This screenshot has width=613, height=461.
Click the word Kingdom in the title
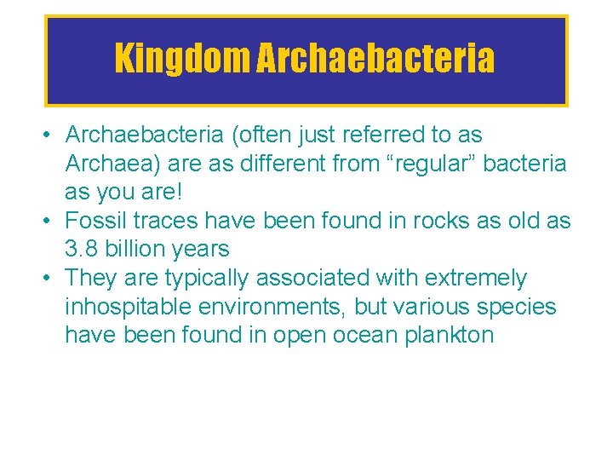click(x=180, y=59)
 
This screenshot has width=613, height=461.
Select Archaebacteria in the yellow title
click(x=375, y=59)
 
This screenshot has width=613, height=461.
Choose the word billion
click(x=140, y=250)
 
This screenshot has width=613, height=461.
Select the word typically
click(x=205, y=279)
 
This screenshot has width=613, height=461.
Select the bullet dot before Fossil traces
click(x=52, y=222)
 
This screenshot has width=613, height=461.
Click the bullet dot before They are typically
click(x=52, y=279)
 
